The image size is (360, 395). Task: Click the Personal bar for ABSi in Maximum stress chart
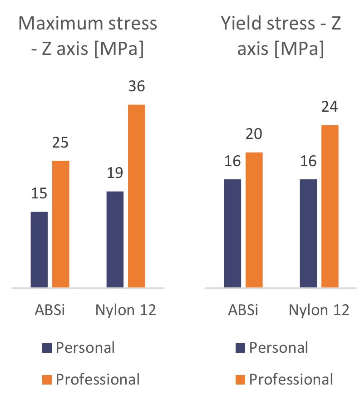pos(39,250)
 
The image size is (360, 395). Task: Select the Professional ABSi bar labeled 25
pos(61,224)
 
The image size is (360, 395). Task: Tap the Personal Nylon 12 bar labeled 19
pos(115,239)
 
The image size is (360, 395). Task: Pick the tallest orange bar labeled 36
pos(136,196)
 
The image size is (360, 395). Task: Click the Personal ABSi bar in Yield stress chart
pos(232,233)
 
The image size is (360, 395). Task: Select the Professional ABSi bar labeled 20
pos(254,220)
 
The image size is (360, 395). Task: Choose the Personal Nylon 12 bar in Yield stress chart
pos(308,233)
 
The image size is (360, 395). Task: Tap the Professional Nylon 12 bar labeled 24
pos(330,206)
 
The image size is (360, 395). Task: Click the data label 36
pos(136,86)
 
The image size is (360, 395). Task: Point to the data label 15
pos(39,193)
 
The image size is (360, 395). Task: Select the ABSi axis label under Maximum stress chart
pos(50,310)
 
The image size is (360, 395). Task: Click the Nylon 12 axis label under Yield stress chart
pos(319,310)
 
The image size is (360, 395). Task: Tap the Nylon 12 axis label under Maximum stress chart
pos(126,310)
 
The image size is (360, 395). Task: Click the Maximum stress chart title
pos(88,36)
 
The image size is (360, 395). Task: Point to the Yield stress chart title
pos(281,36)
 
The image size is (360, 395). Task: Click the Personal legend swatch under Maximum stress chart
pos(47,348)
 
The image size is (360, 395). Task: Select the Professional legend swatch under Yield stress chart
pos(241,379)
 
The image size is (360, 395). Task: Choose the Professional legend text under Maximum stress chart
pos(98,379)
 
